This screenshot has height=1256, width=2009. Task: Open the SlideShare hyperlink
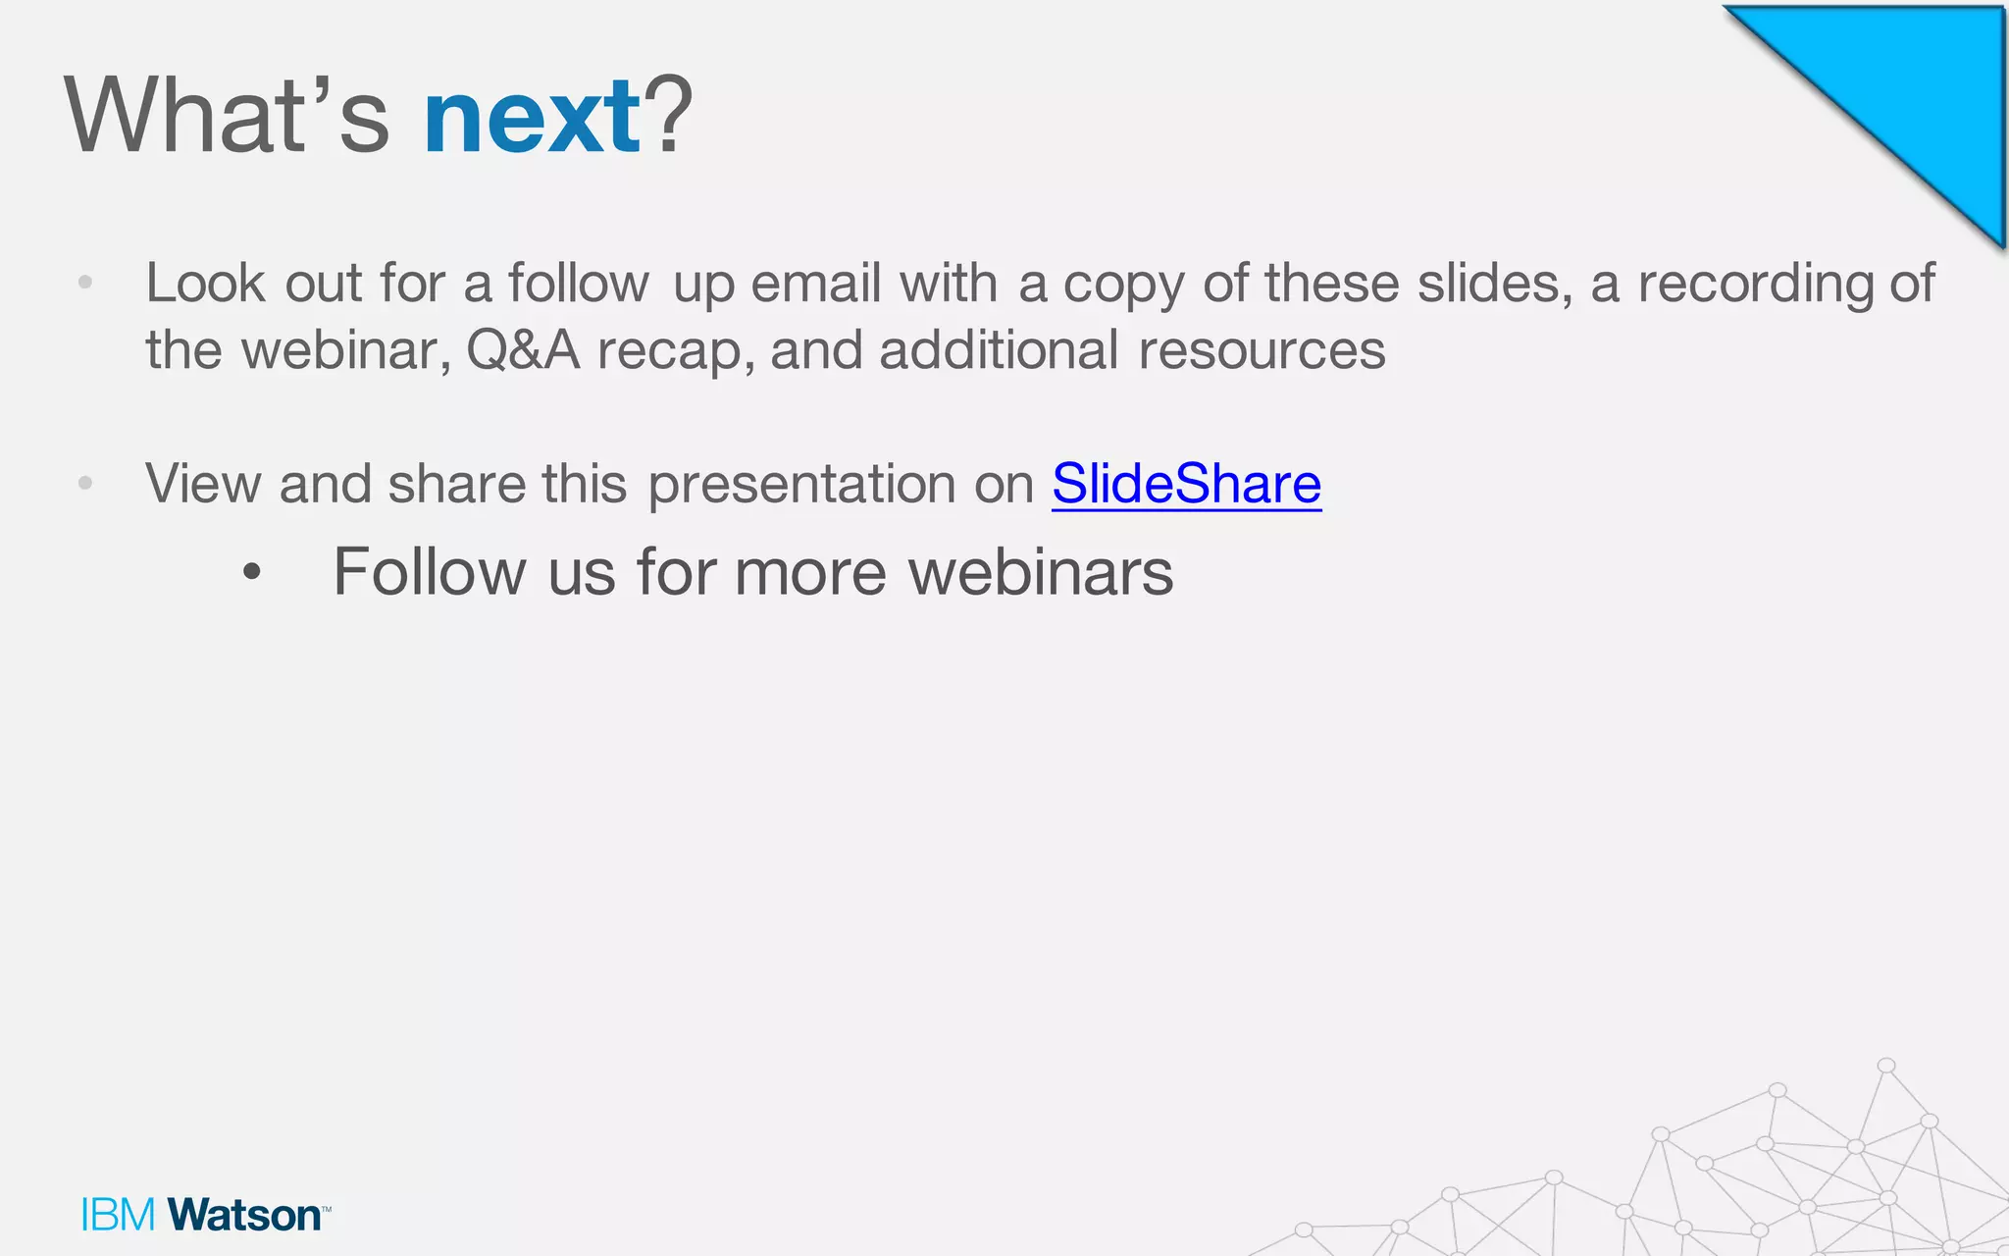1186,484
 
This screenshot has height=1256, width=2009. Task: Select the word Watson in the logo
245,1215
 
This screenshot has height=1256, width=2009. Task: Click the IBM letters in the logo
118,1215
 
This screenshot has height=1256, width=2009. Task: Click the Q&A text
523,350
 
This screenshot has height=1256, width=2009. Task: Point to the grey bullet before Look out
85,284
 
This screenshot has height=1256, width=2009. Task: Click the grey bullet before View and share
85,483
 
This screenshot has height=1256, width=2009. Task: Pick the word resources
1262,350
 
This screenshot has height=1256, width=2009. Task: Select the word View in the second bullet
203,484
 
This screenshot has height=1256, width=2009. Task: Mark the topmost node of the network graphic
1885,1066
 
